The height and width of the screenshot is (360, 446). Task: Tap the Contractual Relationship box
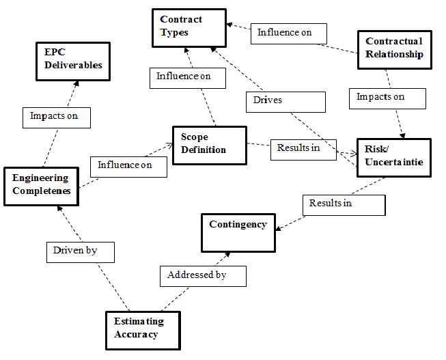(394, 49)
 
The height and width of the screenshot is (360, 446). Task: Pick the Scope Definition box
(208, 145)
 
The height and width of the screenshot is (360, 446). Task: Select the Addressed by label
(202, 276)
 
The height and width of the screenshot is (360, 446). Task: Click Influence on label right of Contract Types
(288, 32)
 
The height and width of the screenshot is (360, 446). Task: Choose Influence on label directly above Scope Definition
(184, 77)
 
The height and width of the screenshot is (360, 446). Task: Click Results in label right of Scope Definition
(298, 148)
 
